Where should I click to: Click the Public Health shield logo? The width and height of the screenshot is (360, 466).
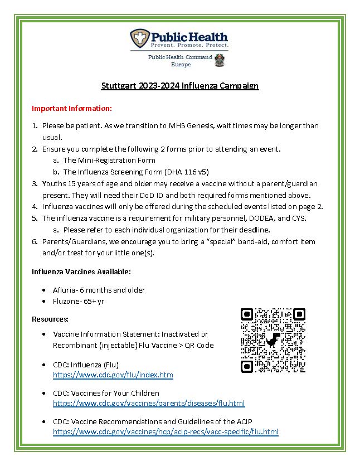(140, 38)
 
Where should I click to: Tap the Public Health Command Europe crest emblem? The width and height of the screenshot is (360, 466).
(220, 60)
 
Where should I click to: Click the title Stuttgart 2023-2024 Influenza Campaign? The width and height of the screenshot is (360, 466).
(180, 86)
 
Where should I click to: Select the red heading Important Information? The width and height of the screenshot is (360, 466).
(72, 108)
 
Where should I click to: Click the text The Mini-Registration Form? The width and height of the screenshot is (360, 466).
(109, 161)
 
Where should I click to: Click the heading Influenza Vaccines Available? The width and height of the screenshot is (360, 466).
(81, 271)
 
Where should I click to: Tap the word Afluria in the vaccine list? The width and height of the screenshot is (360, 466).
(65, 290)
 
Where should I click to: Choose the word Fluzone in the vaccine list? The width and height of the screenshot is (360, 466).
(67, 301)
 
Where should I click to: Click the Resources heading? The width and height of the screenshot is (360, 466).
(50, 319)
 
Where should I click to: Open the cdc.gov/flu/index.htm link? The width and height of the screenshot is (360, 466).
(113, 375)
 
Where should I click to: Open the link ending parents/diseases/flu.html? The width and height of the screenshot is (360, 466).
(149, 403)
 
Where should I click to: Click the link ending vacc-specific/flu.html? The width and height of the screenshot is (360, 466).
(166, 431)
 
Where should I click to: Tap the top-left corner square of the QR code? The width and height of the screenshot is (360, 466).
(247, 314)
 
